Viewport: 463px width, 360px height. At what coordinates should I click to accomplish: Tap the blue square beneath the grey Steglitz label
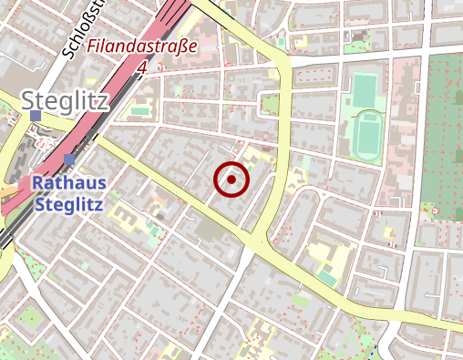point(36,117)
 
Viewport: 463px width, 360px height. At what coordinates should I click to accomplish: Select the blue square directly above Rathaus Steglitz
point(69,160)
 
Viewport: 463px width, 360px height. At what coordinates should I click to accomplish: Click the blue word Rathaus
point(69,183)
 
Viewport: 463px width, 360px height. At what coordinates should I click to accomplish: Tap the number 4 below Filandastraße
point(142,67)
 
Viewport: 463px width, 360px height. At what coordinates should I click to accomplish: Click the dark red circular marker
point(231,180)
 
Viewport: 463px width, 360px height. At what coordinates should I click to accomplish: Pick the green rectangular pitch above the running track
point(364,90)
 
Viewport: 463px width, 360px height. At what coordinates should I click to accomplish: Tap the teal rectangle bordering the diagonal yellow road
point(326,275)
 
